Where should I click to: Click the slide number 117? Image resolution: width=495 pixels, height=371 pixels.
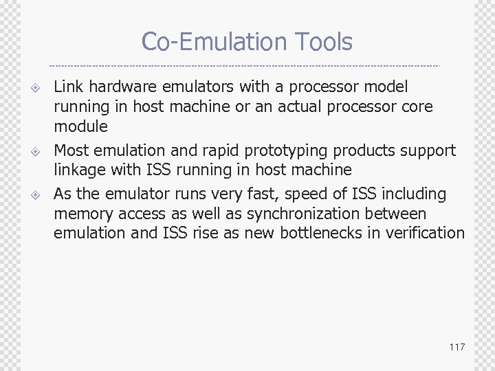[457, 347]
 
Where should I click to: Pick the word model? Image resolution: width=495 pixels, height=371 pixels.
[388, 87]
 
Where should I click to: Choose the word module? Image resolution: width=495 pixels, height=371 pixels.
[80, 126]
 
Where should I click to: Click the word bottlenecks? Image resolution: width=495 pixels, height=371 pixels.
[320, 234]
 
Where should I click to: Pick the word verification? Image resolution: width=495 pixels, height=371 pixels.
[426, 234]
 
